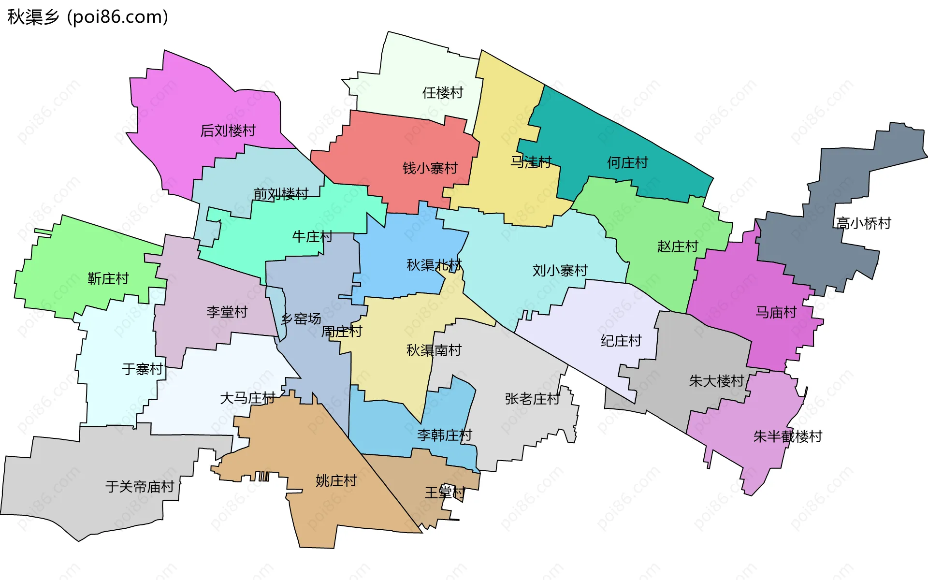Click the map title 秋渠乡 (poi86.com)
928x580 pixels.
[88, 17]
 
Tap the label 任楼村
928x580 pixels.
[443, 92]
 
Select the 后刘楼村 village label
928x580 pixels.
[228, 130]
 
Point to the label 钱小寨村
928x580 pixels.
[430, 168]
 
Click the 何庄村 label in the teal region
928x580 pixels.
[627, 162]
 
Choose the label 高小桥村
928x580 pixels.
[863, 223]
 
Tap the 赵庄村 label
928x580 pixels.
[678, 246]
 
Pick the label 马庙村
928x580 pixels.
[776, 312]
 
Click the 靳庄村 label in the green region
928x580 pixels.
[108, 278]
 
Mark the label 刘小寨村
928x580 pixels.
[560, 270]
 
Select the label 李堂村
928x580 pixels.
[227, 312]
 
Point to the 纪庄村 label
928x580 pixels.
[621, 341]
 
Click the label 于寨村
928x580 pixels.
[143, 369]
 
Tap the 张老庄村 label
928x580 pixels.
[532, 399]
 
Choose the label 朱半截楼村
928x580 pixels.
[787, 436]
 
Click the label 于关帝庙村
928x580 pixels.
[140, 486]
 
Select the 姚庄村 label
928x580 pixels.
[336, 480]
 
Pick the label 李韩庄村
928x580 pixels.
[444, 435]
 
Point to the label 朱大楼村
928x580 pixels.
[716, 381]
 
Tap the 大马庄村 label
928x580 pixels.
[247, 398]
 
